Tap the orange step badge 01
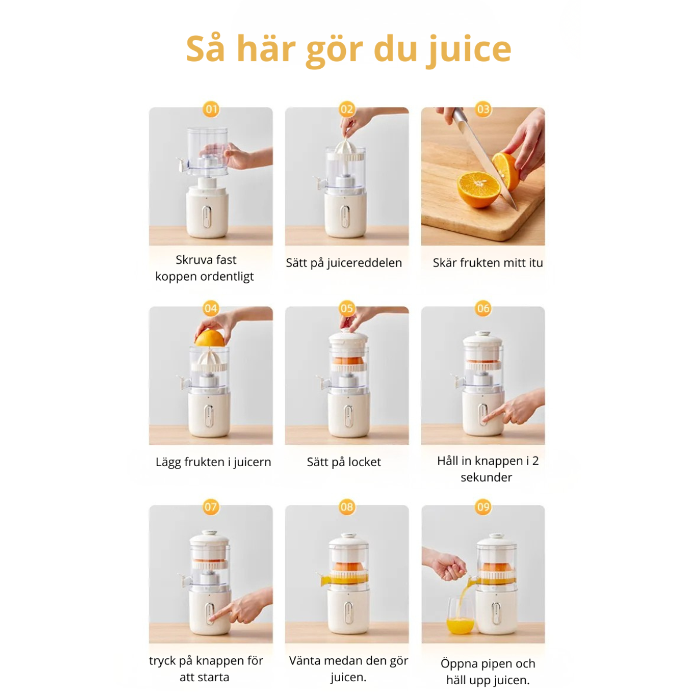211,109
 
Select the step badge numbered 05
347,308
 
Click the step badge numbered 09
483,507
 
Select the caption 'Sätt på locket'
344,462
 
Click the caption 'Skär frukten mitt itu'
488,263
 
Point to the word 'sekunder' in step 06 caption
486,477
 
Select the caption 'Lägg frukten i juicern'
213,462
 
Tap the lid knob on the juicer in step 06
482,334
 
